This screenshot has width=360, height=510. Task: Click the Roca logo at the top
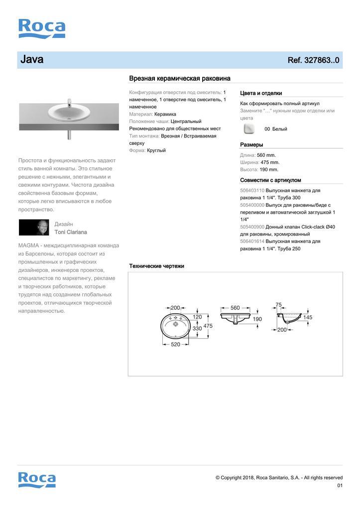click(x=42, y=28)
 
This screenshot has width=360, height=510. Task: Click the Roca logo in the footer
click(x=37, y=479)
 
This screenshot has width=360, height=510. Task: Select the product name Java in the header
click(x=32, y=60)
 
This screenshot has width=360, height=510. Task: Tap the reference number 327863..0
click(x=313, y=60)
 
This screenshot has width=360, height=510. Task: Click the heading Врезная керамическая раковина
click(x=179, y=78)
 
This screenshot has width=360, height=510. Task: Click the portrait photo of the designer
click(x=34, y=228)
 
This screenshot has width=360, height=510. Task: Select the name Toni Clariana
click(x=71, y=232)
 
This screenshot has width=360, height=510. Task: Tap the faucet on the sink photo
click(x=69, y=104)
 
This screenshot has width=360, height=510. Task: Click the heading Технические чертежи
click(x=156, y=266)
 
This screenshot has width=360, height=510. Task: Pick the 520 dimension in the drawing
click(x=176, y=345)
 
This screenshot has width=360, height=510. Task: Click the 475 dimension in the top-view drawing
click(x=208, y=326)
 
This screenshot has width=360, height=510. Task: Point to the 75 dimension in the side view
click(x=278, y=305)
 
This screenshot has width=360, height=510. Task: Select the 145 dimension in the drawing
click(x=308, y=317)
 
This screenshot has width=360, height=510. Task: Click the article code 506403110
click(x=252, y=191)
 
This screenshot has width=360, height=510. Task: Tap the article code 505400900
click(x=252, y=227)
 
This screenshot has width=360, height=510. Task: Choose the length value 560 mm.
click(x=266, y=155)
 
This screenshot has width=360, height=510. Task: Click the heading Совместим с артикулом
click(x=270, y=180)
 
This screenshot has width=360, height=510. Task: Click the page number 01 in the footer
click(x=340, y=486)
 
